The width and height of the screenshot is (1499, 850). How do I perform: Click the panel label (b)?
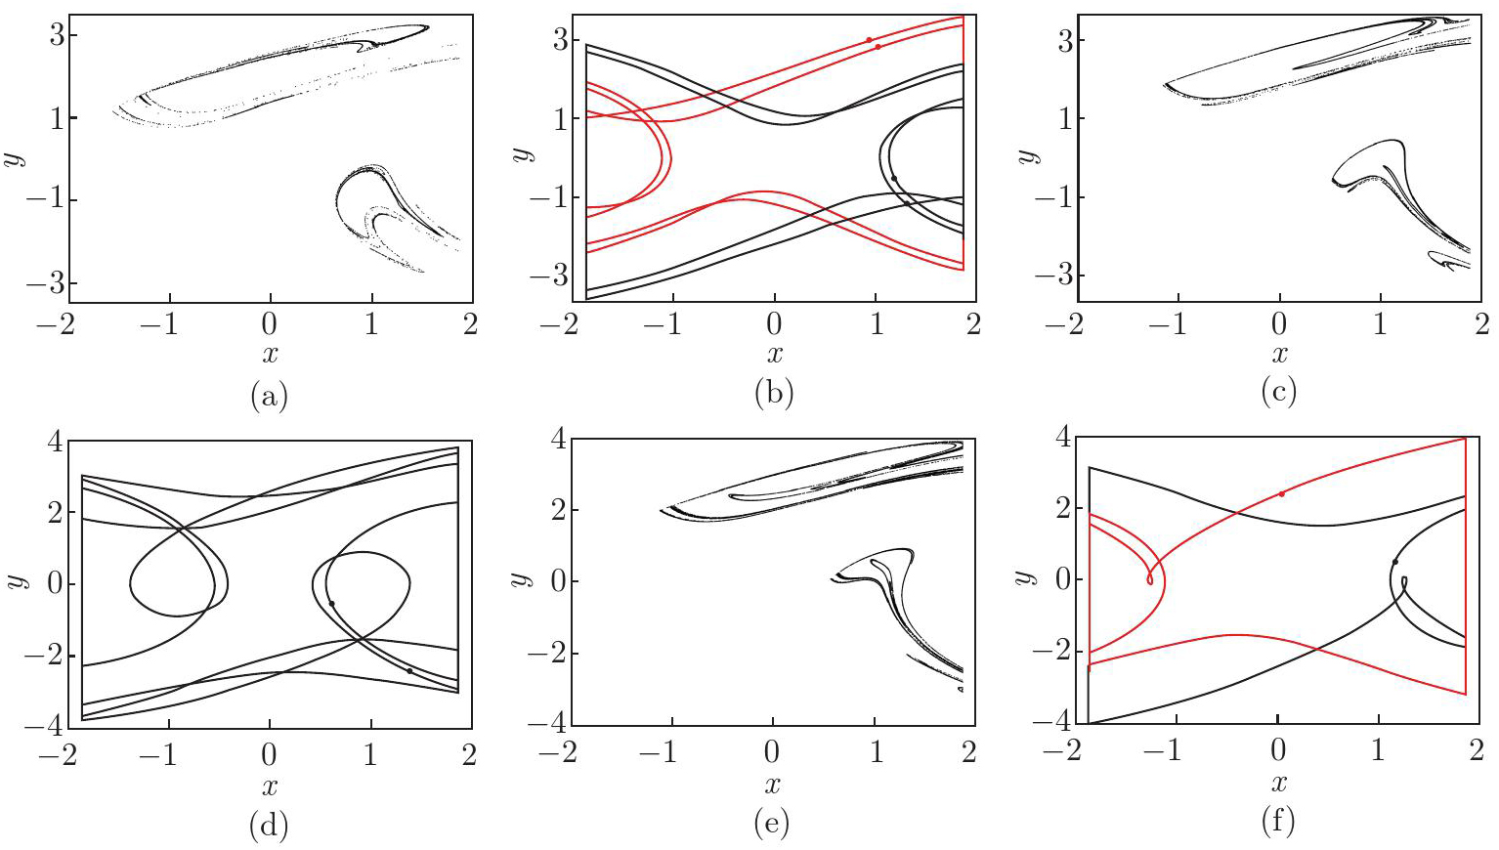[x=774, y=394]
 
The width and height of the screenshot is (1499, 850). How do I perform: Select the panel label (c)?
[x=1278, y=393]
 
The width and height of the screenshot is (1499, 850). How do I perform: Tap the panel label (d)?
[x=270, y=825]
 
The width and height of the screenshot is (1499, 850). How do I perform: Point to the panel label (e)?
[x=773, y=825]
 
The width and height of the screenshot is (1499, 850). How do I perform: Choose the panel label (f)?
[x=1277, y=822]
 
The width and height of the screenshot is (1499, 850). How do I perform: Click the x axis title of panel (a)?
[x=270, y=354]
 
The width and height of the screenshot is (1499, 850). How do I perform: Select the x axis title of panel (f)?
[x=1277, y=782]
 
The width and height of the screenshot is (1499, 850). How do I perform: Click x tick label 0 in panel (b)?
[x=773, y=324]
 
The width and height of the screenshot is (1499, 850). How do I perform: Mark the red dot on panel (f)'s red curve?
[x=1281, y=493]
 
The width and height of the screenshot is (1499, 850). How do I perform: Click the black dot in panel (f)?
[x=1394, y=562]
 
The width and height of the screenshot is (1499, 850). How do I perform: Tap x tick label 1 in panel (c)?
[x=1380, y=324]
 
